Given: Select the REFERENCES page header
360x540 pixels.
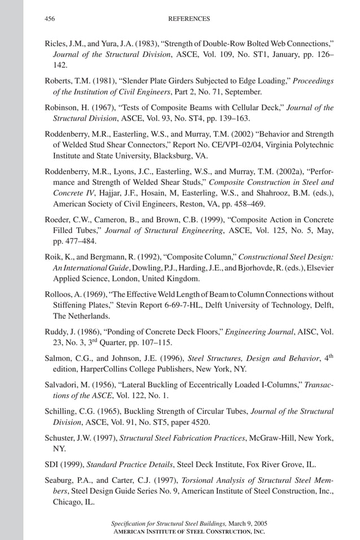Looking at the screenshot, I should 189,19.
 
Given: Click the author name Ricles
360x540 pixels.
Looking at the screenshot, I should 55,43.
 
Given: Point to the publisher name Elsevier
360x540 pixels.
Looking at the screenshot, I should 320,267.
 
